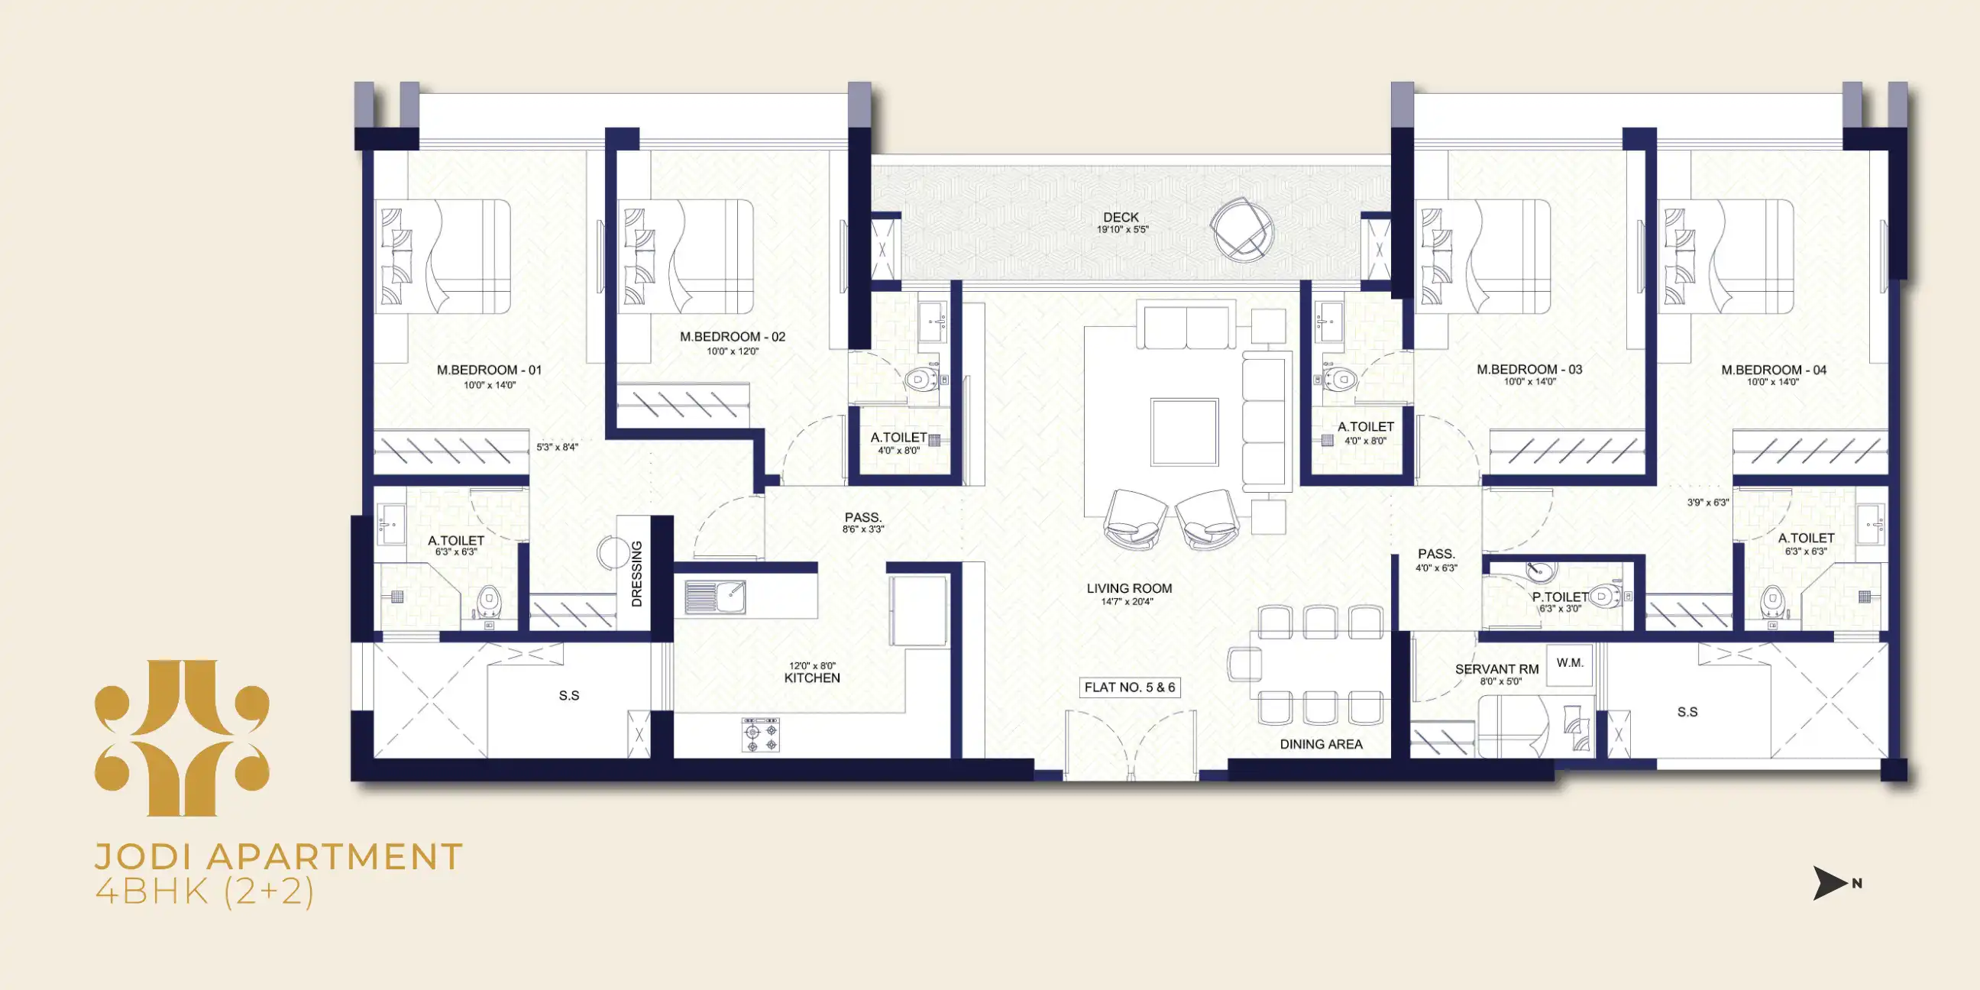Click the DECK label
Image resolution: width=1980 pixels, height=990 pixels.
(x=1121, y=218)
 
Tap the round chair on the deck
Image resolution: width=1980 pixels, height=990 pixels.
(x=1241, y=229)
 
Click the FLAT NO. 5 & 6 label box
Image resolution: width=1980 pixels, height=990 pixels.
(x=1129, y=687)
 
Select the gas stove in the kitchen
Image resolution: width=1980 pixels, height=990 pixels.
(x=761, y=736)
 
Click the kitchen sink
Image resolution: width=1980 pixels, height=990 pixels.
(x=715, y=597)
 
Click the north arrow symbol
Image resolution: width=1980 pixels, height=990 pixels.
(x=1830, y=883)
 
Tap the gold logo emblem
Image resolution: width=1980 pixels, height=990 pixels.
(x=182, y=738)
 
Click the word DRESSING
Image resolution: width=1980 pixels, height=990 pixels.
(x=636, y=574)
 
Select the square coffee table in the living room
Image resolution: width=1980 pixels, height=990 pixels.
(x=1184, y=432)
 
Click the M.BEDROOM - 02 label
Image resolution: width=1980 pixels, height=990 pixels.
(x=733, y=337)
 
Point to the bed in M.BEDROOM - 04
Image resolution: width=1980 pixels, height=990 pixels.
(x=1726, y=257)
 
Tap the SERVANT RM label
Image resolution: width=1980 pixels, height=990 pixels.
(x=1496, y=669)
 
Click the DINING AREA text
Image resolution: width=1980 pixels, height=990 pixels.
(x=1321, y=744)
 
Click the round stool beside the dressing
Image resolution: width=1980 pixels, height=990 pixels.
(x=614, y=552)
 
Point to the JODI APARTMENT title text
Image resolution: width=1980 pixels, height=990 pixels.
(x=278, y=856)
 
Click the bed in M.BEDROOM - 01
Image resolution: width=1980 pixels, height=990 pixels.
(x=443, y=257)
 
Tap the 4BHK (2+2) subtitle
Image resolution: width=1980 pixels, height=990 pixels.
(x=205, y=892)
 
